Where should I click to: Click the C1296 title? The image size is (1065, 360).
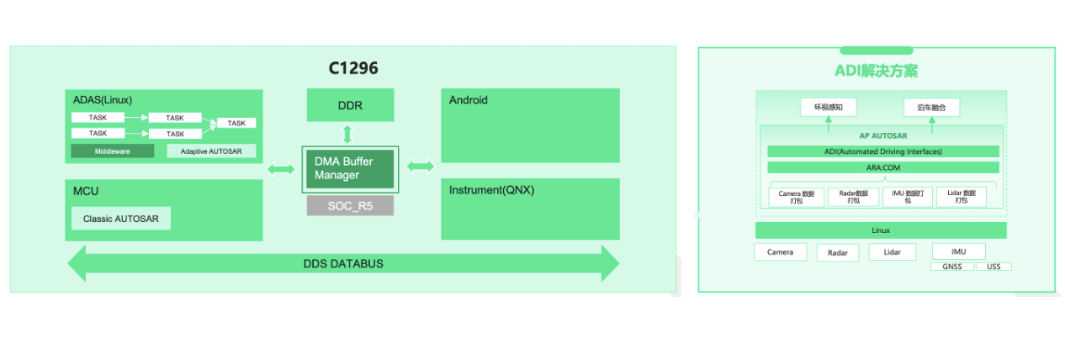[x=352, y=69]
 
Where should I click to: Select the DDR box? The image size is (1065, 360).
[x=350, y=106]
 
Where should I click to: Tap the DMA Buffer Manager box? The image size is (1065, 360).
[x=350, y=168]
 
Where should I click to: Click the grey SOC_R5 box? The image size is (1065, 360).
[x=350, y=205]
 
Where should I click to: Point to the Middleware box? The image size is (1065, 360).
[x=112, y=151]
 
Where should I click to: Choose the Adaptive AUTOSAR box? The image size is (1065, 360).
[x=211, y=151]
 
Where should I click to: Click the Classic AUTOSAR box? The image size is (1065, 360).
[x=121, y=219]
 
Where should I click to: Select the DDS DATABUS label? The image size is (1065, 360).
[x=343, y=264]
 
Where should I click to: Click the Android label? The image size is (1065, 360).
[x=469, y=100]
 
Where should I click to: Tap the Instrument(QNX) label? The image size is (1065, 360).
[x=491, y=190]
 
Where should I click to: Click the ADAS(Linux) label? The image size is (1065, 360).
[x=103, y=99]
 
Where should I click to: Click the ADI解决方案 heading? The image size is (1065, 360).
[x=876, y=71]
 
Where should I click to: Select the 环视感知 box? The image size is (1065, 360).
[x=828, y=108]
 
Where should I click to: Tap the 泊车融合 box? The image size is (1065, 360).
[x=931, y=108]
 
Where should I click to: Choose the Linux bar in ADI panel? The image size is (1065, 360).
[x=881, y=230]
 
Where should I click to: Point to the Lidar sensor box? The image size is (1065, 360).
[x=893, y=252]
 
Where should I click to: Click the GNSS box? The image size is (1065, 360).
[x=952, y=267]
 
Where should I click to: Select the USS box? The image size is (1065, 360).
[x=993, y=267]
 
